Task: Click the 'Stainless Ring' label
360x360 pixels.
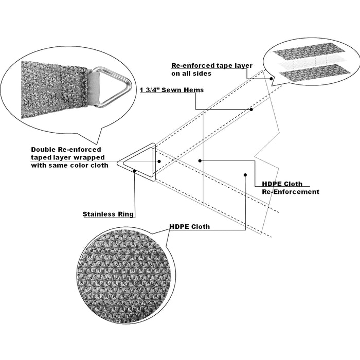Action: (108, 214)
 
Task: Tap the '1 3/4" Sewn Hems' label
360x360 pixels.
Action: (172, 90)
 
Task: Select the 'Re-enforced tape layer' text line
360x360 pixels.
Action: (212, 66)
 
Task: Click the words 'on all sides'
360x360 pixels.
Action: (191, 74)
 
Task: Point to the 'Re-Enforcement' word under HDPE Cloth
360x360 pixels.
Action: (291, 192)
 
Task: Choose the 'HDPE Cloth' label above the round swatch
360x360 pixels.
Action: (190, 227)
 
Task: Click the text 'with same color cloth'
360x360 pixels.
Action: (69, 165)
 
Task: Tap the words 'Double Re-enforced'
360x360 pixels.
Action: (66, 150)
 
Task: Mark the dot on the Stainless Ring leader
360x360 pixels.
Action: (135, 171)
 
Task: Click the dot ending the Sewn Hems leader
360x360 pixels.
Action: (251, 110)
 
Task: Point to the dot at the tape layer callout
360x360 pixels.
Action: (271, 79)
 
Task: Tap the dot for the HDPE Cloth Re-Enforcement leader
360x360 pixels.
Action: (200, 160)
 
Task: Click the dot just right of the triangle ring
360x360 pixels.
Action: (159, 161)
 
